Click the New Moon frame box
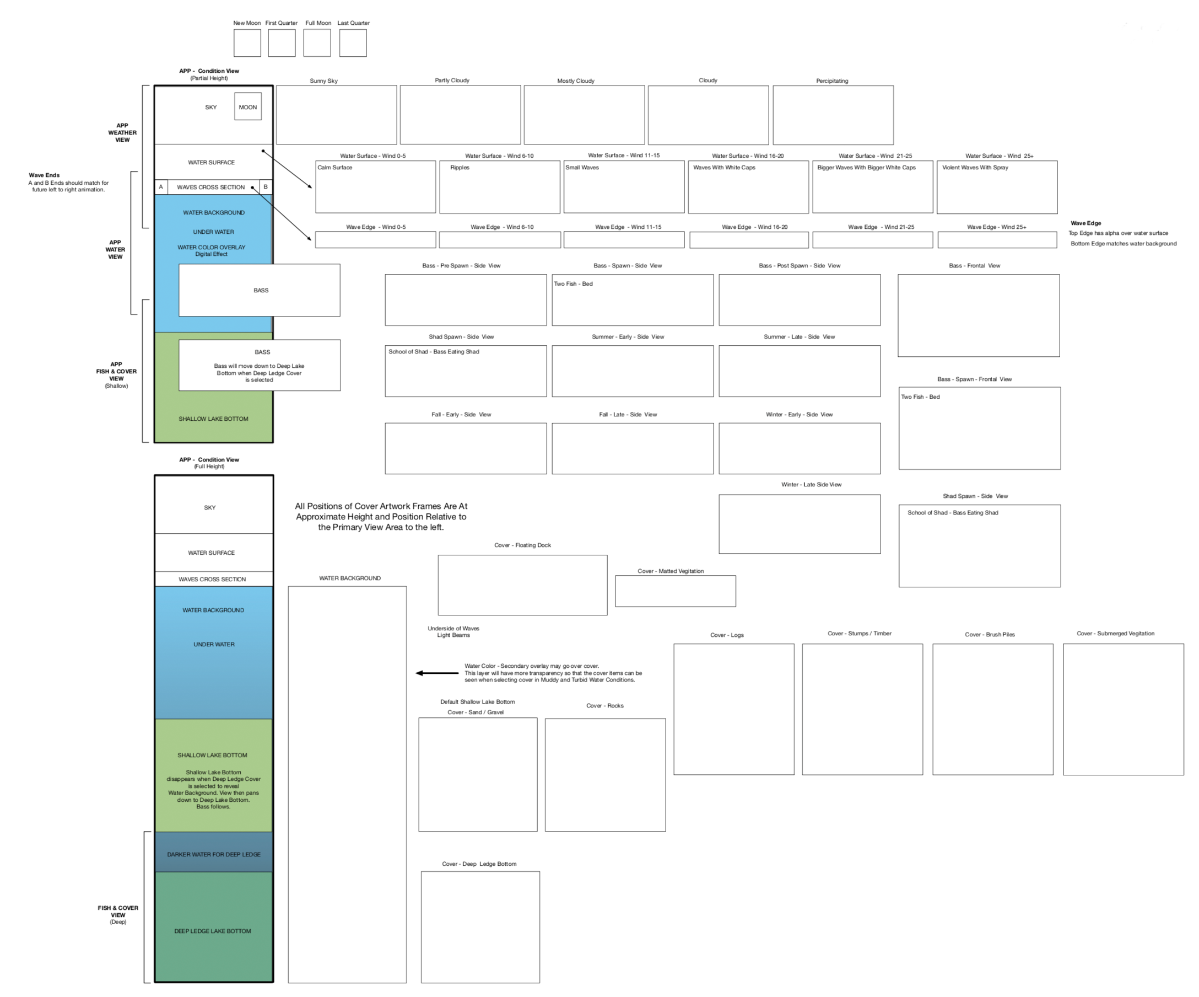247,43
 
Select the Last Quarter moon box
353,43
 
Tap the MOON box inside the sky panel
248,107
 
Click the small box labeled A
161,187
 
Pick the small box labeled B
266,187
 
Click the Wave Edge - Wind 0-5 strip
375,240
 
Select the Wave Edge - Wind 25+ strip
997,240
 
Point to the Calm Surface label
334,168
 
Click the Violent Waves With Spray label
975,168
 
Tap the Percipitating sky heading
832,81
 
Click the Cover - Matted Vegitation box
676,591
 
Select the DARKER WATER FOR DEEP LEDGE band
214,854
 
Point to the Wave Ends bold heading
44,175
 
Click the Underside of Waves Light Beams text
453,631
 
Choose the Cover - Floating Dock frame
522,585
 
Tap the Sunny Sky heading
324,81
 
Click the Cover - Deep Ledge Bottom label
479,864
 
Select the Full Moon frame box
317,43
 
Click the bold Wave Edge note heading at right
1085,223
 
